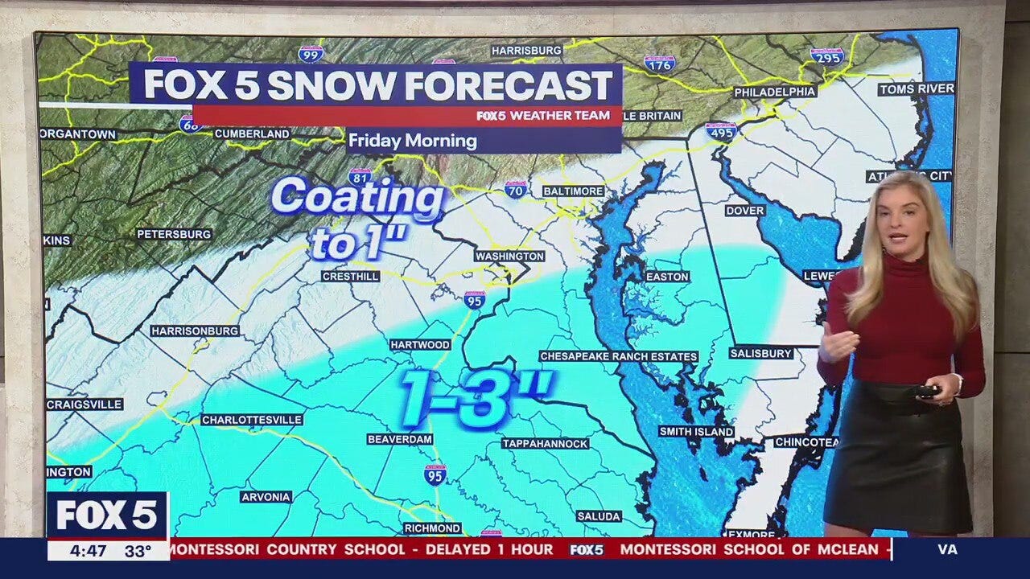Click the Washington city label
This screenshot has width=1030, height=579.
509,256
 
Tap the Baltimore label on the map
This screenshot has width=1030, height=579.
572,191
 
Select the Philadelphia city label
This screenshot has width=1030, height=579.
774,92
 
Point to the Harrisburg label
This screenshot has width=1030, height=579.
526,50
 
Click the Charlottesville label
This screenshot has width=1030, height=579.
252,420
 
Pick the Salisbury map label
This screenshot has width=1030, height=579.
761,353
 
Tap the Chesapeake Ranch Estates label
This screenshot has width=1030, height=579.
618,356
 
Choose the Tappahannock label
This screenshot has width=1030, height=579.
545,443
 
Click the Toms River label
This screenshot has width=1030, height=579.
916,88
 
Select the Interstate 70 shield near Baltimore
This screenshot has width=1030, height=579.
516,189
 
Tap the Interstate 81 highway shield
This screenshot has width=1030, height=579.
360,176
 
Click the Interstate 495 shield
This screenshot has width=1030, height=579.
721,131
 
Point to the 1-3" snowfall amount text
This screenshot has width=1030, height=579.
476,397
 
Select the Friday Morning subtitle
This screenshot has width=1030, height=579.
412,141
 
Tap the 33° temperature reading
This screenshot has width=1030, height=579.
138,551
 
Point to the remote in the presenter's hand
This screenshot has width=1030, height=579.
928,391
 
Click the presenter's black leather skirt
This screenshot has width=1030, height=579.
896,458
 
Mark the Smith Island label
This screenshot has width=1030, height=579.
696,432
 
